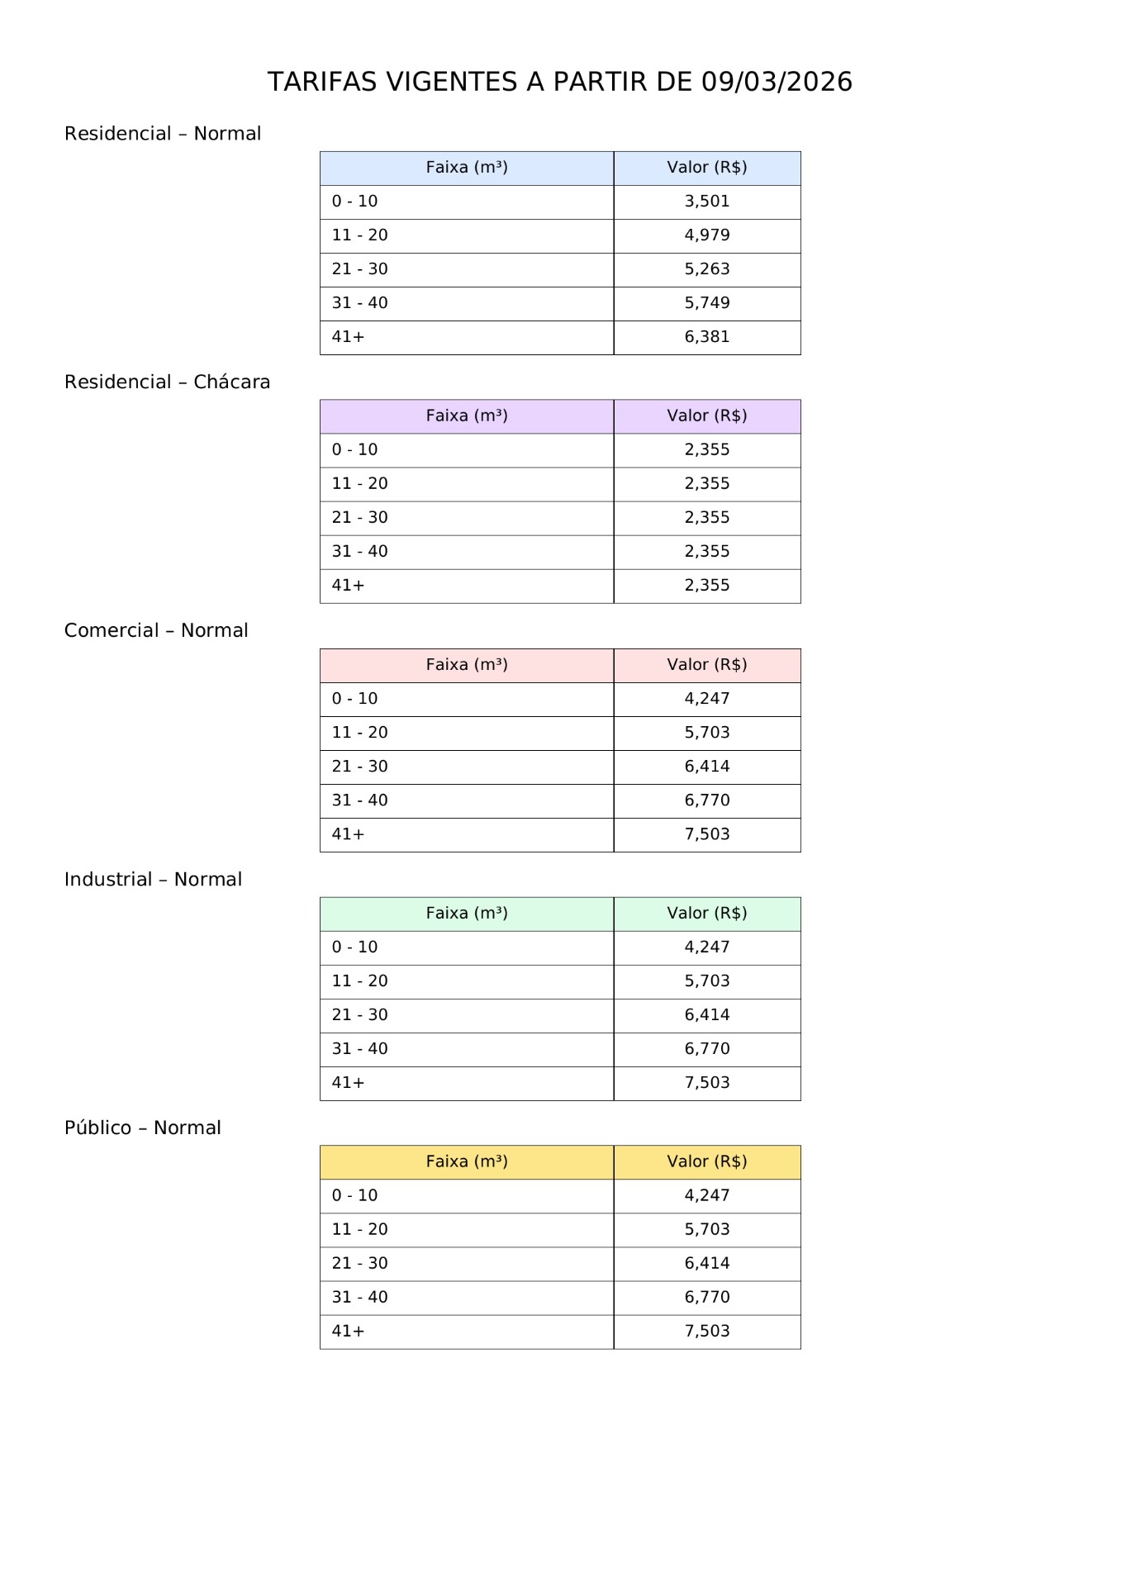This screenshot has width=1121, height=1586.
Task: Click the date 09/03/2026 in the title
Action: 777,82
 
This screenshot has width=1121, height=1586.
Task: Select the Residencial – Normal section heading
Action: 163,134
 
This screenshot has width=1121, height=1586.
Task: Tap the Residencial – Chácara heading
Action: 167,382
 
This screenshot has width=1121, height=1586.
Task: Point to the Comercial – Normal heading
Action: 156,630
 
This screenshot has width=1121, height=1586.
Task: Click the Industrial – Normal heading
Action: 153,879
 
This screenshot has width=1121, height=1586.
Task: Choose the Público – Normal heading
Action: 143,1128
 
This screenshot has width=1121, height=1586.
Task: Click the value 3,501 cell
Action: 706,202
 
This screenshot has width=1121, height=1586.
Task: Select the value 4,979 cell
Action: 706,235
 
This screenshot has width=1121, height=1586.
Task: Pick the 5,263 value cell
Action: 706,269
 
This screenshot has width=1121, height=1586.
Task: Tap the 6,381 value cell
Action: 706,337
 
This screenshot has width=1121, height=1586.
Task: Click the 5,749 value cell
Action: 706,303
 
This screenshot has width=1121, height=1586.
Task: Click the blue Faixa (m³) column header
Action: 467,168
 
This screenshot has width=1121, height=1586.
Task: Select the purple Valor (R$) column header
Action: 706,415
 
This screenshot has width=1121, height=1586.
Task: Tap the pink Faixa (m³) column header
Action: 467,665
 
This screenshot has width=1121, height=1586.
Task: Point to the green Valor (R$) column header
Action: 706,914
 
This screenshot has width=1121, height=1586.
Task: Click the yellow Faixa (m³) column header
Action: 467,1162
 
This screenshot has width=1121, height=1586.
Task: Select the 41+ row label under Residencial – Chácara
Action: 348,586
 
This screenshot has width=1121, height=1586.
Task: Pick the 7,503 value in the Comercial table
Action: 706,834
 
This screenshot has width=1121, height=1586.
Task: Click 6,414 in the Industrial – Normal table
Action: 706,1015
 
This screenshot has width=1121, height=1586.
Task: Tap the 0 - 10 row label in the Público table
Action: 354,1196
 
